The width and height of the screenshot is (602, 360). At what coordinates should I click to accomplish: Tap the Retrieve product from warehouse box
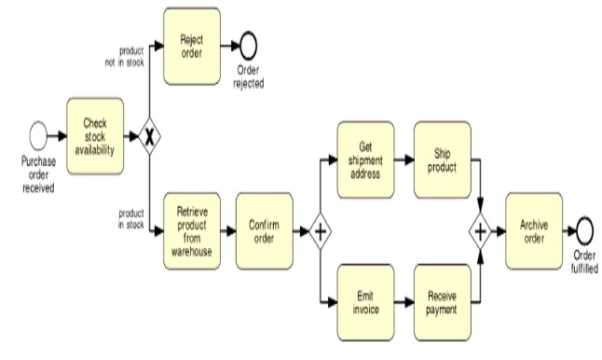193,229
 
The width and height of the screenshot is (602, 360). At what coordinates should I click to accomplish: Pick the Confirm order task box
264,229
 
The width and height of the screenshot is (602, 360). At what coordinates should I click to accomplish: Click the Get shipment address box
365,159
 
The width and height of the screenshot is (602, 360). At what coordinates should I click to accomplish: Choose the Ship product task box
443,159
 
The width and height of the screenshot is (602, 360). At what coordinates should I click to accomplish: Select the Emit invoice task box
365,302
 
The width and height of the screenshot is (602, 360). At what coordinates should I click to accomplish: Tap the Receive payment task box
443,302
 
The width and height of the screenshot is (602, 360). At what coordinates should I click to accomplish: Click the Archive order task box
534,229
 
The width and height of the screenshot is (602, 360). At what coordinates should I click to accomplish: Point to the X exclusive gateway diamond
147,137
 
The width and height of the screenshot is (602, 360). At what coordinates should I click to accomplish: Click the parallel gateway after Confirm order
320,230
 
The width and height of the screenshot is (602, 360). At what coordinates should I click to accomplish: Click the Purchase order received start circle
38,137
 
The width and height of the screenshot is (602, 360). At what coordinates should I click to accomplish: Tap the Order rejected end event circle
247,44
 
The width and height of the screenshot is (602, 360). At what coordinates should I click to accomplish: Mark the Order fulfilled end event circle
585,229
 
